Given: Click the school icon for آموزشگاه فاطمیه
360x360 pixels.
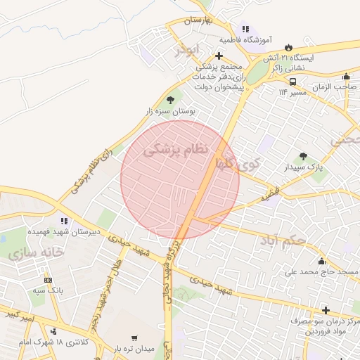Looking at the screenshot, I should click(x=245, y=29).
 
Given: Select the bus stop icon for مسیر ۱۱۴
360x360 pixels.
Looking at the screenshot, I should click(x=292, y=81).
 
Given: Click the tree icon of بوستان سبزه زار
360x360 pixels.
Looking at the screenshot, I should click(x=170, y=101).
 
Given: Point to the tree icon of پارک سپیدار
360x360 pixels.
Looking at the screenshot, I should click(x=303, y=156).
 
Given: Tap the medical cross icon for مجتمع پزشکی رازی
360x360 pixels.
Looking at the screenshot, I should click(x=219, y=56).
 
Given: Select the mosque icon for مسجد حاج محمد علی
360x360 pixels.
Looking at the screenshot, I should click(x=322, y=262).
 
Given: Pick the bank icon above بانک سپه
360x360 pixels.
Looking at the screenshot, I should click(x=47, y=279).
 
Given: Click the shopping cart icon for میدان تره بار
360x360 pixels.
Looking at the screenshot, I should click(x=134, y=338).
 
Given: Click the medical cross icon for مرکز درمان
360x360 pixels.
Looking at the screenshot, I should click(x=326, y=310).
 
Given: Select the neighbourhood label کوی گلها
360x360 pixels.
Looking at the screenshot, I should click(x=238, y=164).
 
